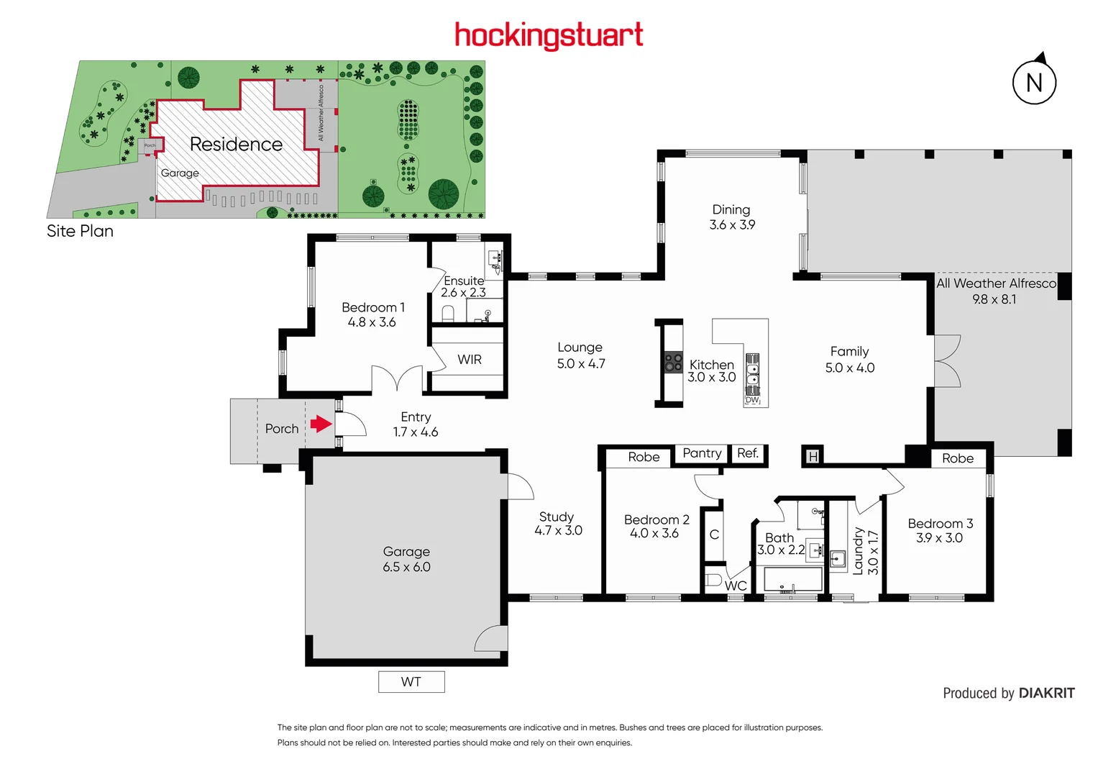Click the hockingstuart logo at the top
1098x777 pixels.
point(549,35)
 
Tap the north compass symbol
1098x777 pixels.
point(1034,82)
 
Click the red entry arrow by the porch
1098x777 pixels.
point(321,424)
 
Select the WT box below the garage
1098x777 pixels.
point(411,682)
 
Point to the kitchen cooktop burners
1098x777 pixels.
point(673,363)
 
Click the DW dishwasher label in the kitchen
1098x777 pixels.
point(752,400)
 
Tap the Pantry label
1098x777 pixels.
point(702,453)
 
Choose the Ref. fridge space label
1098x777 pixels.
point(748,453)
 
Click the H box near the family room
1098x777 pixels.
point(813,456)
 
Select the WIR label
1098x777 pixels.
point(470,360)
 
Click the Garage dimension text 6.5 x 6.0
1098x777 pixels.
point(406,567)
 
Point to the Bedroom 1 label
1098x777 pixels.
point(372,307)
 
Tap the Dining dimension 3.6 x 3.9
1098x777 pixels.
point(732,225)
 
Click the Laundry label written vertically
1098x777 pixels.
point(858,551)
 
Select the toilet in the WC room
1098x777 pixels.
point(713,579)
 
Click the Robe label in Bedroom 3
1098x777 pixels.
point(958,458)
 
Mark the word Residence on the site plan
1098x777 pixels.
point(236,145)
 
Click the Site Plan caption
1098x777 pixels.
point(80,231)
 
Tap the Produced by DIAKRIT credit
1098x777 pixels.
point(1008,693)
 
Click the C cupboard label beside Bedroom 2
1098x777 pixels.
point(714,535)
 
